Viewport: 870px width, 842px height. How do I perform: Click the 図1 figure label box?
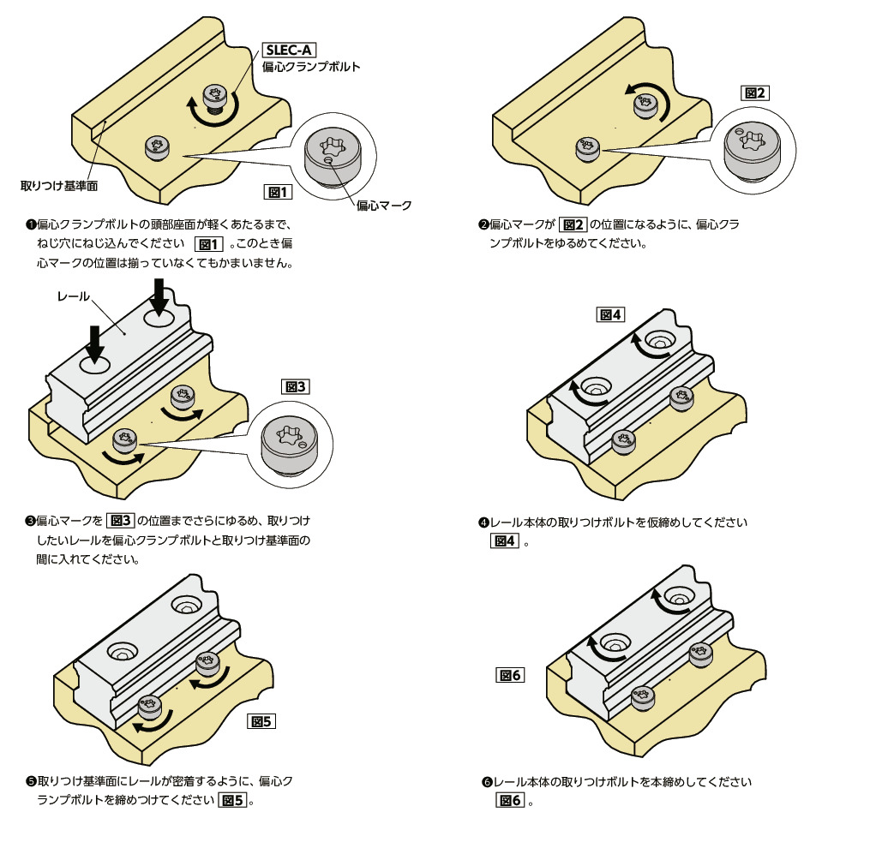click(x=278, y=191)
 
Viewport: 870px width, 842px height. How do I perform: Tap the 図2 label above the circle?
click(x=754, y=93)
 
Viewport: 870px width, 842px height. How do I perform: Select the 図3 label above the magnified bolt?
click(x=294, y=385)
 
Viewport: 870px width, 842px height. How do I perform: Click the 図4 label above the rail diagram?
click(x=610, y=315)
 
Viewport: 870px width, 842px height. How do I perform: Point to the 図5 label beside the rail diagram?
click(x=261, y=721)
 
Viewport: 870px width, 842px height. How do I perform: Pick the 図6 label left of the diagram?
click(x=510, y=675)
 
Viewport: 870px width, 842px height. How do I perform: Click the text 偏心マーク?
click(x=383, y=206)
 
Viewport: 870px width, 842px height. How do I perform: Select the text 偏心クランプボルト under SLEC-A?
click(x=311, y=66)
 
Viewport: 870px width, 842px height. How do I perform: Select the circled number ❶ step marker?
click(x=31, y=225)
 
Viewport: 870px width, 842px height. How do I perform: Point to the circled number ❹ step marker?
click(x=483, y=523)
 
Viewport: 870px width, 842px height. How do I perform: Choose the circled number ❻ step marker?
click(x=486, y=783)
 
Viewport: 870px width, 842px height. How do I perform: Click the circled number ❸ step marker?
click(x=31, y=521)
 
